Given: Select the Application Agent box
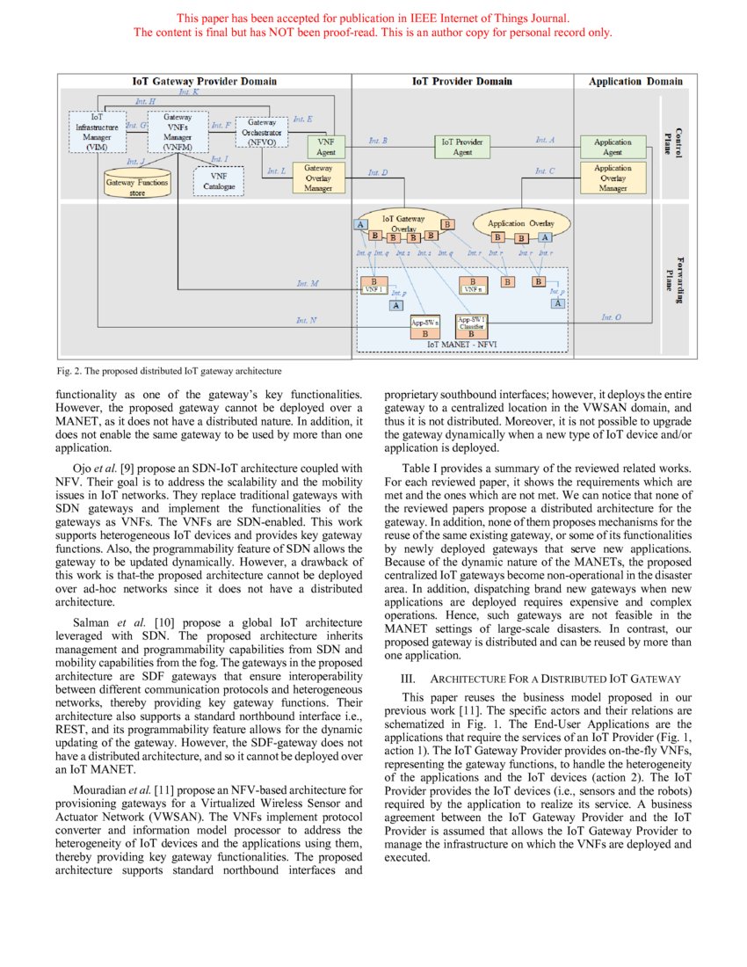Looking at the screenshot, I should (x=613, y=147).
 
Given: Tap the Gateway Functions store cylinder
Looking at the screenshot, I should (x=137, y=186).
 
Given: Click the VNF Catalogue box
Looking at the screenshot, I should (x=218, y=181).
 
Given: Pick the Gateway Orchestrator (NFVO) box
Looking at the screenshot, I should (x=262, y=132).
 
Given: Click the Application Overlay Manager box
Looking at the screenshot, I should (x=613, y=178).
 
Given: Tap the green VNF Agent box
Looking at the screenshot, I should (x=325, y=147).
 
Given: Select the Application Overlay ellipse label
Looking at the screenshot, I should (x=521, y=223).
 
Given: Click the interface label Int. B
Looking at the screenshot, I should (x=379, y=141).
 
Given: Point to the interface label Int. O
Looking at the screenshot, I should (x=611, y=317).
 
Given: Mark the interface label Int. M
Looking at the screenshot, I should (x=308, y=284).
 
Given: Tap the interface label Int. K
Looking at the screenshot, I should (x=188, y=91).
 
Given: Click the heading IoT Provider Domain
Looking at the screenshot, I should (x=462, y=82).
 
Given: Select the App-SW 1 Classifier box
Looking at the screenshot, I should (x=471, y=326).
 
